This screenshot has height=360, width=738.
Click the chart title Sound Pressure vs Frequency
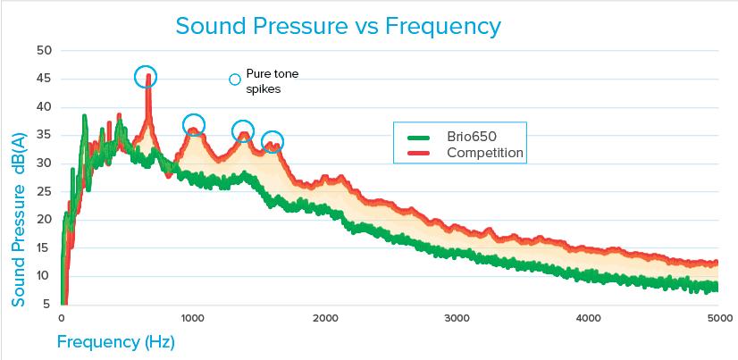point(338,25)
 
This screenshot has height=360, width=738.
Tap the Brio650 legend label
point(472,137)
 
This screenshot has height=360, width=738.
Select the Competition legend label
point(485,154)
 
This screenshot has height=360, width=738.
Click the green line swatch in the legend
point(419,138)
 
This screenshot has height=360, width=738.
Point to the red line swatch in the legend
point(419,154)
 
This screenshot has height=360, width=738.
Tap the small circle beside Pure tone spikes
point(235,80)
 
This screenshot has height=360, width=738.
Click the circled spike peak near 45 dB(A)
point(146,77)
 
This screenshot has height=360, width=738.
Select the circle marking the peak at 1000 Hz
point(193,124)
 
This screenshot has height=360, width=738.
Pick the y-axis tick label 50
point(43,50)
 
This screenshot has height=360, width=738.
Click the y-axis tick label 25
point(43,191)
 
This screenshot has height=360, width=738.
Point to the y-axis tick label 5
point(46,304)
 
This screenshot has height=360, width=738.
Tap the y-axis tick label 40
point(43,106)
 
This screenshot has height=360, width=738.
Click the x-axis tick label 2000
point(324,319)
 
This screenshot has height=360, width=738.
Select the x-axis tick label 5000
point(718,319)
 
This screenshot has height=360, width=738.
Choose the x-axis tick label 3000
point(457,319)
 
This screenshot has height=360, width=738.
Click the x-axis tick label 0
point(62,319)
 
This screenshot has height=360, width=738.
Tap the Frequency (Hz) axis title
point(115,342)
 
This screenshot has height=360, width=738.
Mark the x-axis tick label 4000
point(588,319)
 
